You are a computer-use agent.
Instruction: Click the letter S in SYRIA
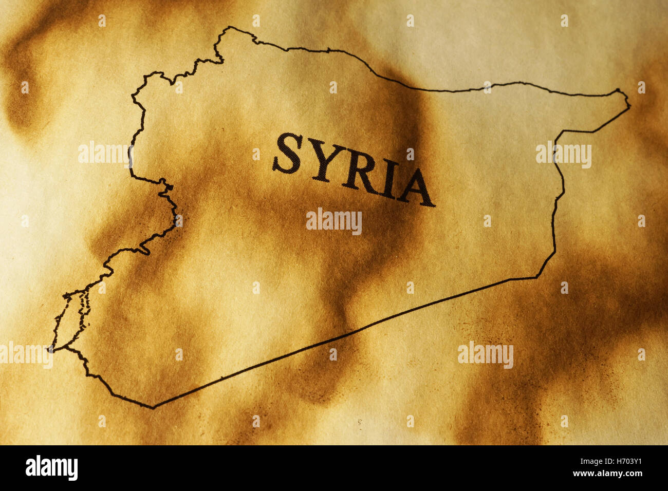pos(287,153)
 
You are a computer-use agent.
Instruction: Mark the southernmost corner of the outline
pos(152,408)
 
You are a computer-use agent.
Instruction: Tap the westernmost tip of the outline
pos(50,349)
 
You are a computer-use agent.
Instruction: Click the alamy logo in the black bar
pos(51,468)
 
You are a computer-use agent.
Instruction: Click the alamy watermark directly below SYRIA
pos(333,221)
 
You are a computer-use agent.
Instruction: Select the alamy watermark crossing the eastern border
pos(563,155)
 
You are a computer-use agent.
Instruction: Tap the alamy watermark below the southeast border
pos(485,354)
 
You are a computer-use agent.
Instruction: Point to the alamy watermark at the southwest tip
pos(26,355)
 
